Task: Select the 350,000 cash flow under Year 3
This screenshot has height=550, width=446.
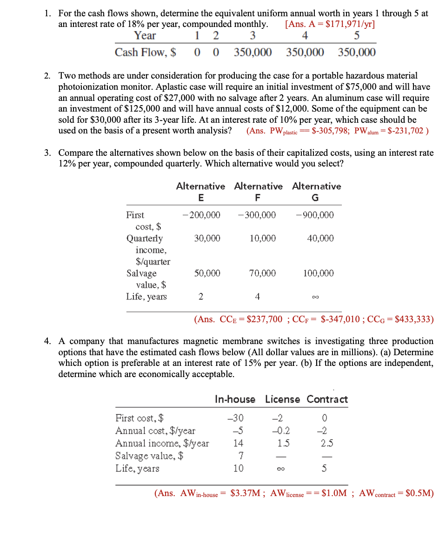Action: [x=253, y=52]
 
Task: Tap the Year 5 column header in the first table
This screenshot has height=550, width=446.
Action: [x=357, y=36]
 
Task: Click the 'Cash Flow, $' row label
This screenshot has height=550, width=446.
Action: [x=145, y=52]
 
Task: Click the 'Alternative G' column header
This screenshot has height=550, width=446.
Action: [x=316, y=192]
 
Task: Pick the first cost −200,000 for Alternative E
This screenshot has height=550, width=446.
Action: [x=201, y=215]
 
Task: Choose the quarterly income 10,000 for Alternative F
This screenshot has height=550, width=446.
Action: [x=262, y=238]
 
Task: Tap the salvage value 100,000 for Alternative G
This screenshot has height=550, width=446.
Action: [x=318, y=273]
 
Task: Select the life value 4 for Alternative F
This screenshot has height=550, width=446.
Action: [x=257, y=297]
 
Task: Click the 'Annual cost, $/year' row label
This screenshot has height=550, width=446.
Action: [x=155, y=431]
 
